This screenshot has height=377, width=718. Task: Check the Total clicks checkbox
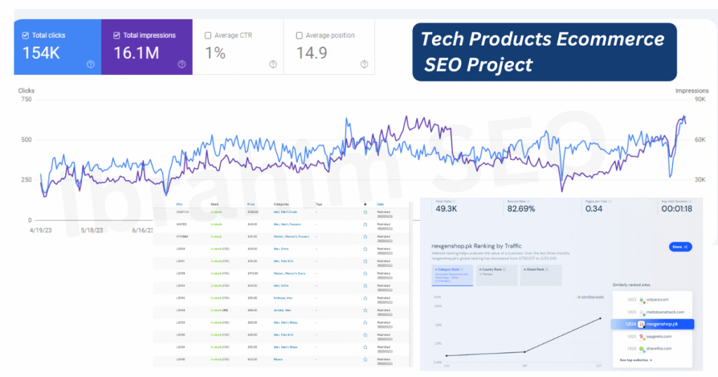point(26,35)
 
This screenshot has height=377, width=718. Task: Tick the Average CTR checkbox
point(208,35)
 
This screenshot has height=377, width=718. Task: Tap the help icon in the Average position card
point(364,64)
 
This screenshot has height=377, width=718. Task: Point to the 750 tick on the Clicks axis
point(26,100)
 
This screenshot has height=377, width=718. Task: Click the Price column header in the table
point(251,205)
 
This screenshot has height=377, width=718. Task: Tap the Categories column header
point(281,205)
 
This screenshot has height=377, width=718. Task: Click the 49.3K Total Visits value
point(446,208)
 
